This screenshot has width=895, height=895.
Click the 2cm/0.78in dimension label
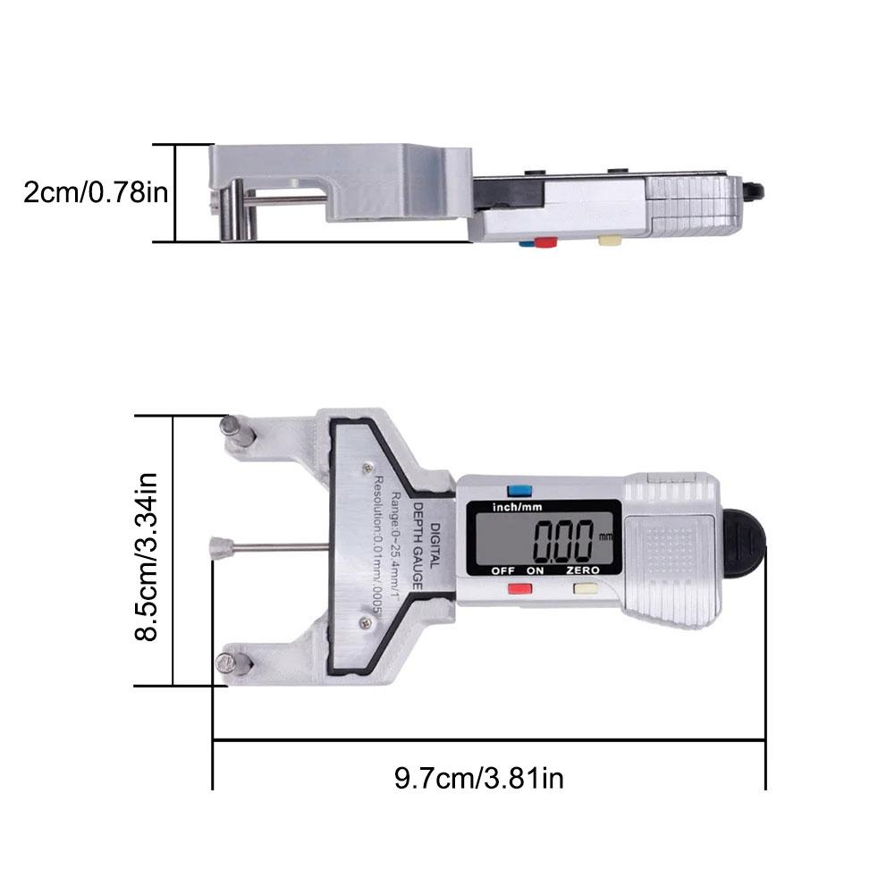[96, 192]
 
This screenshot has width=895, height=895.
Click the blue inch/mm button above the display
[518, 490]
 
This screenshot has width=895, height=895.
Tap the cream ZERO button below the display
[587, 588]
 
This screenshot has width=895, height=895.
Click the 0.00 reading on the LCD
[563, 540]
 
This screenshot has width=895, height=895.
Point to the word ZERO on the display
[582, 570]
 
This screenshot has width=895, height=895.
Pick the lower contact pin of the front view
[231, 663]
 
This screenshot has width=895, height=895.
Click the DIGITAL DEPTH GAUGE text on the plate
[428, 546]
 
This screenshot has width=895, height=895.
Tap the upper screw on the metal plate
[367, 467]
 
